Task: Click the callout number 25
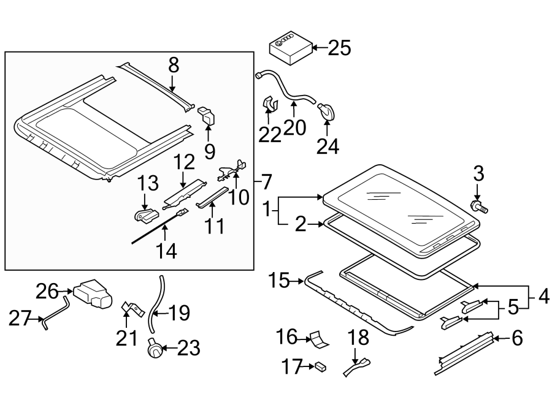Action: pos(340,48)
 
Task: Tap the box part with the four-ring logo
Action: pos(289,48)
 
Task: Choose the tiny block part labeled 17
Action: pos(320,368)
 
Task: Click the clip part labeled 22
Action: pos(269,105)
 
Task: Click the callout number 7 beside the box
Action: pos(266,182)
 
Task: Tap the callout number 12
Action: pos(183,162)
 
